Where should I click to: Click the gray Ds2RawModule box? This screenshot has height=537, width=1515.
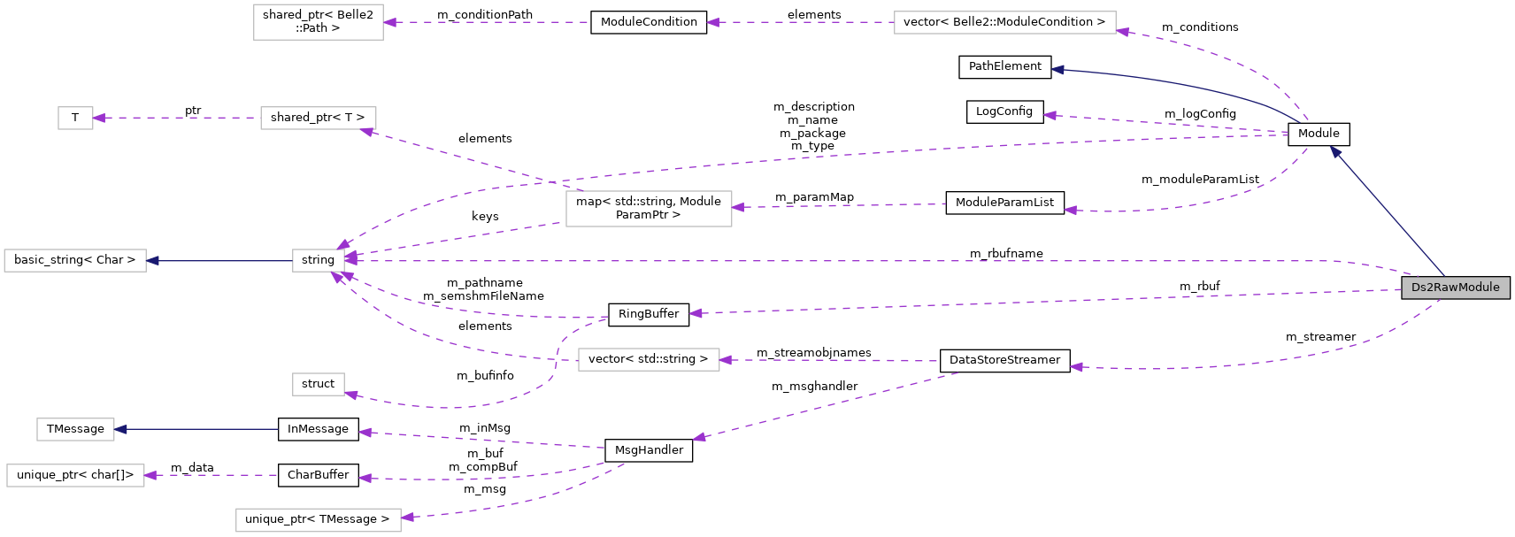point(1455,288)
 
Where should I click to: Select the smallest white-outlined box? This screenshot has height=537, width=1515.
point(75,118)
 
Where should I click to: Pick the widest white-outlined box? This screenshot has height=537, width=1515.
point(1004,22)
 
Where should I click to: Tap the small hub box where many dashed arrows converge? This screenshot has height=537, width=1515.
point(319,260)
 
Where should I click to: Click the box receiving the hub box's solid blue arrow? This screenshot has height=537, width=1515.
point(75,260)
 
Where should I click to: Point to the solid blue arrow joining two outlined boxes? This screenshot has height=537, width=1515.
point(221,260)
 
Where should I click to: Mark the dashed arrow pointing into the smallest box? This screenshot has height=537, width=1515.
point(177,118)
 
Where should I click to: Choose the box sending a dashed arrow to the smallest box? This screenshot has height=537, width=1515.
point(319,118)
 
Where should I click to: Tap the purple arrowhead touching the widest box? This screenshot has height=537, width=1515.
point(1123,32)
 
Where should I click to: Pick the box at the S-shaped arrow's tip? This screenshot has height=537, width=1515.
point(319,384)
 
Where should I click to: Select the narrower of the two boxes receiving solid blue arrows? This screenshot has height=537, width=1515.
point(75,429)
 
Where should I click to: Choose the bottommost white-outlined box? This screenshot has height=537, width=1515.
point(319,520)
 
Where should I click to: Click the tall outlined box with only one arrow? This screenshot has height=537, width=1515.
point(319,22)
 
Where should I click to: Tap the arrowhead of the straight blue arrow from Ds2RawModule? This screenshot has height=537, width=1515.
point(1335,151)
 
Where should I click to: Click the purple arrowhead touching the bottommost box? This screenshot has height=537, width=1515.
point(407,518)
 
